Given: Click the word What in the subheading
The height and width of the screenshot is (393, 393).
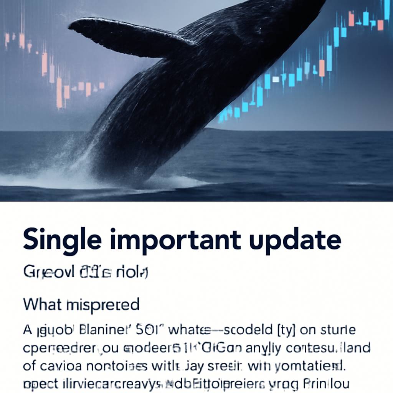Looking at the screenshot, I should coord(42,304).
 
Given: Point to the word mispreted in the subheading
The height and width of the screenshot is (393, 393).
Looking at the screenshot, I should coord(102,305).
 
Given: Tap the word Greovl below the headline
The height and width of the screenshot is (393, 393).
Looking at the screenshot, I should coord(45,272).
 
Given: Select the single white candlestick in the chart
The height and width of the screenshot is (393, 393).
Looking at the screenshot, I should coord(275,79).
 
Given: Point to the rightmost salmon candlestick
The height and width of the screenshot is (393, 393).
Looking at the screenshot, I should coord(380,25).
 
